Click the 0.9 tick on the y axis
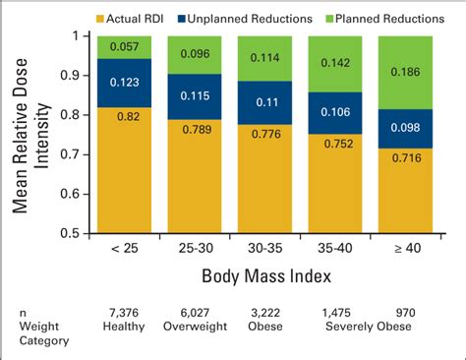coord(83,75)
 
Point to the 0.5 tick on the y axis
coord(83,233)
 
